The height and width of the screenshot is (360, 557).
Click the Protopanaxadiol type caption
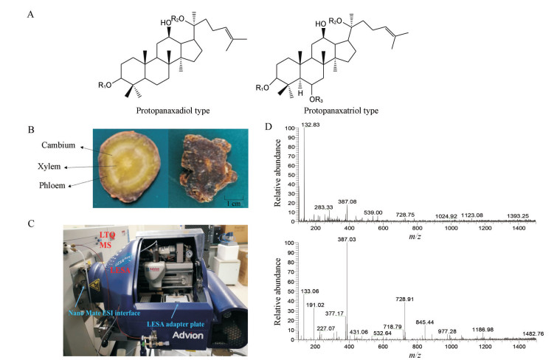(172, 111)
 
